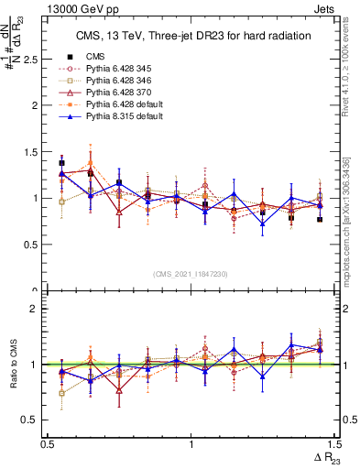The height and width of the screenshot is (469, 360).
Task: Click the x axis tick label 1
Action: pyautogui.click(x=191, y=443)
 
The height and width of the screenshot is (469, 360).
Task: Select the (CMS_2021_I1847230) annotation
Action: pyautogui.click(x=191, y=274)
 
